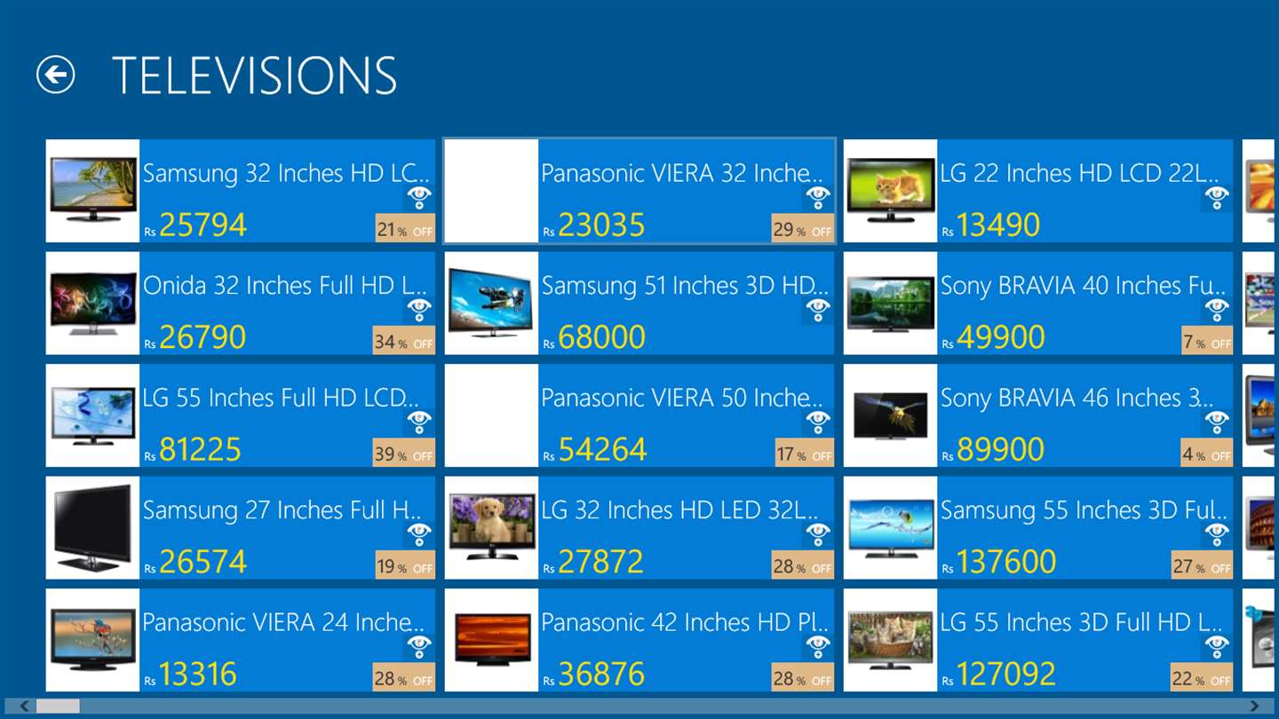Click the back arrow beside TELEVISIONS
tap(55, 75)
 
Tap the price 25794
tap(203, 225)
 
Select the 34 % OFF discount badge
tap(403, 341)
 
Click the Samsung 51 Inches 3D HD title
tap(685, 285)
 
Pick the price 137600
tap(1006, 562)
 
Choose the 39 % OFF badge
tap(403, 453)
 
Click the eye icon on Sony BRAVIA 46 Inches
tap(1216, 422)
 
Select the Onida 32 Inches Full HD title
tap(284, 285)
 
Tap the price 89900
tap(1000, 449)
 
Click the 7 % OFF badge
tap(1207, 341)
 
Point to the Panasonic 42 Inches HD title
tap(685, 622)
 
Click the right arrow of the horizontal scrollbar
tap(1254, 706)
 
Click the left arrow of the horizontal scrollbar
tap(24, 706)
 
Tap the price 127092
tap(1006, 674)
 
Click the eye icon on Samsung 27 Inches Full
tap(418, 534)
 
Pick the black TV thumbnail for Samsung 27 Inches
tap(92, 527)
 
